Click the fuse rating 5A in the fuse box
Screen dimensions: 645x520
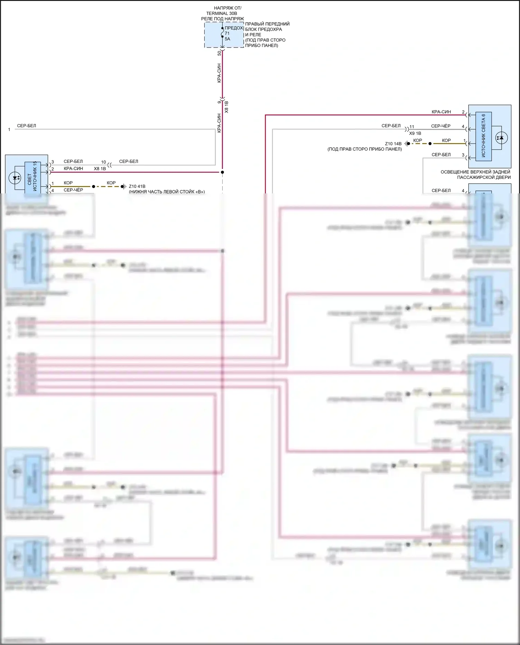click(227, 39)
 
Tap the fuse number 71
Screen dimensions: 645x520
click(227, 34)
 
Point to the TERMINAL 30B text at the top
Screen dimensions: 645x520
click(222, 14)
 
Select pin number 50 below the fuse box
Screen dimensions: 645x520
click(219, 53)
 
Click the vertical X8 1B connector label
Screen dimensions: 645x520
click(227, 107)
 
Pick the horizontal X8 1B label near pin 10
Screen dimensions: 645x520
click(100, 169)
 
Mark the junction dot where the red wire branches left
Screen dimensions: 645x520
click(223, 172)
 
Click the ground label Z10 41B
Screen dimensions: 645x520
click(137, 186)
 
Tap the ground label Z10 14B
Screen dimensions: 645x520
click(393, 144)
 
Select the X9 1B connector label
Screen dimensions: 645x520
click(415, 133)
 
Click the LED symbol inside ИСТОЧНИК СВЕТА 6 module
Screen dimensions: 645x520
click(501, 138)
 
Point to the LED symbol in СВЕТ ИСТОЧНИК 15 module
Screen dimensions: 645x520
click(15, 178)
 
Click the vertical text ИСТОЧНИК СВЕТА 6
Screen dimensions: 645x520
click(484, 136)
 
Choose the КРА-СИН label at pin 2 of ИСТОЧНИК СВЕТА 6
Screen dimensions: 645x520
click(441, 112)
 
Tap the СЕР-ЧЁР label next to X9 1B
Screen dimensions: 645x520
click(441, 126)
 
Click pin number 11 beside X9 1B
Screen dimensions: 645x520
click(412, 127)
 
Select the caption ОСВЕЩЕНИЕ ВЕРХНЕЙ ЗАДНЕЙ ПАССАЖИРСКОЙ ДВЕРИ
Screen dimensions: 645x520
click(475, 175)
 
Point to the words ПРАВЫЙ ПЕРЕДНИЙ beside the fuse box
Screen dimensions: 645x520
click(267, 24)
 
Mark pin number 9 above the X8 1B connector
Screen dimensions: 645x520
click(219, 102)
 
